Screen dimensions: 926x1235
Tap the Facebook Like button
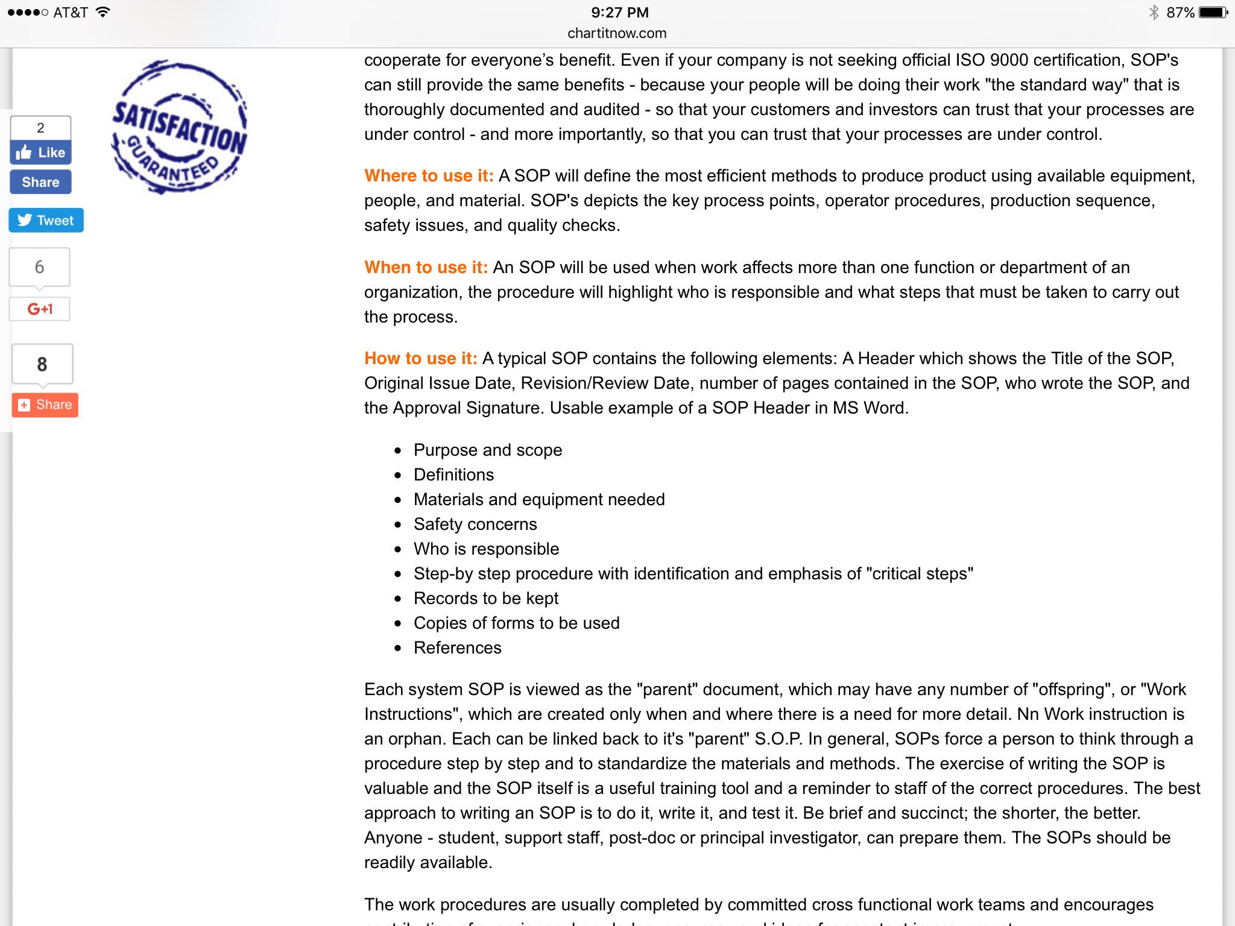pos(40,153)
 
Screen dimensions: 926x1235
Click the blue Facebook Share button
pos(40,182)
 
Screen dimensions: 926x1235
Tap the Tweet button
pos(46,221)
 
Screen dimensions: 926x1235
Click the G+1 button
pos(40,309)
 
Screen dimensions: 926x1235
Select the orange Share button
pos(45,405)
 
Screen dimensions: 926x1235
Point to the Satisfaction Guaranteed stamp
pos(179,127)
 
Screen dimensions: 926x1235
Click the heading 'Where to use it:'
pos(429,175)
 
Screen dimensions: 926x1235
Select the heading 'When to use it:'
pos(426,267)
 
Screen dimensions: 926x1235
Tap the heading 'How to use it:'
pos(421,358)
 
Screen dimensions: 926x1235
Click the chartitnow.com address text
pos(617,33)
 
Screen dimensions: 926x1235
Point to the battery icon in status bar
pos(1212,13)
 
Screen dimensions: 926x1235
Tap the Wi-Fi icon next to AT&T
pos(103,12)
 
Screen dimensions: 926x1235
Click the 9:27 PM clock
pos(619,13)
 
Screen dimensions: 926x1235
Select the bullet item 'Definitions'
pos(453,475)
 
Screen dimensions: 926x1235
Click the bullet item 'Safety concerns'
pos(475,524)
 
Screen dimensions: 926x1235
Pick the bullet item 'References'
pos(457,648)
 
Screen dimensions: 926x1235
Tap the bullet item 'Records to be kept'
pos(486,599)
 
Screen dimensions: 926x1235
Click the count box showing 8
pos(42,364)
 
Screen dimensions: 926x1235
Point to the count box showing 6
pos(40,267)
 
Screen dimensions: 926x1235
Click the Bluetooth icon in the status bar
pos(1154,13)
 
